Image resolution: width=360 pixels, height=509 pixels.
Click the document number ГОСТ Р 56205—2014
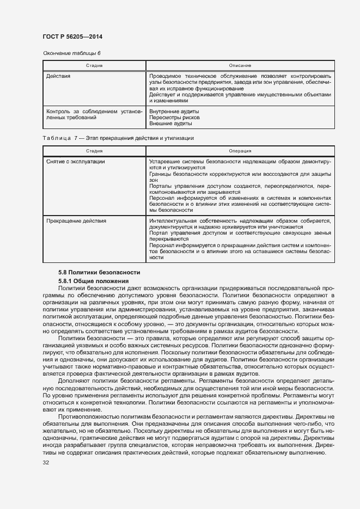[72, 36]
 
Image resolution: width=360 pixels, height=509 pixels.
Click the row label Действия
[58, 76]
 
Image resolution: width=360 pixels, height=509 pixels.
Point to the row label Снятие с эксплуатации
[76, 162]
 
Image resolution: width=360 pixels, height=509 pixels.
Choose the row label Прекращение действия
[76, 221]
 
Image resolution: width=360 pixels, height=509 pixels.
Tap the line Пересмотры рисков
[174, 117]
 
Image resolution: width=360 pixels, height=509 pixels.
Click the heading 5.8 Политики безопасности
[99, 272]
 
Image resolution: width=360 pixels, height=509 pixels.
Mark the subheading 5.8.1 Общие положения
[93, 281]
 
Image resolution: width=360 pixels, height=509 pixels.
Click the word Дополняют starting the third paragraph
[74, 381]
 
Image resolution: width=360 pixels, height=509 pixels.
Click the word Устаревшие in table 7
[163, 162]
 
